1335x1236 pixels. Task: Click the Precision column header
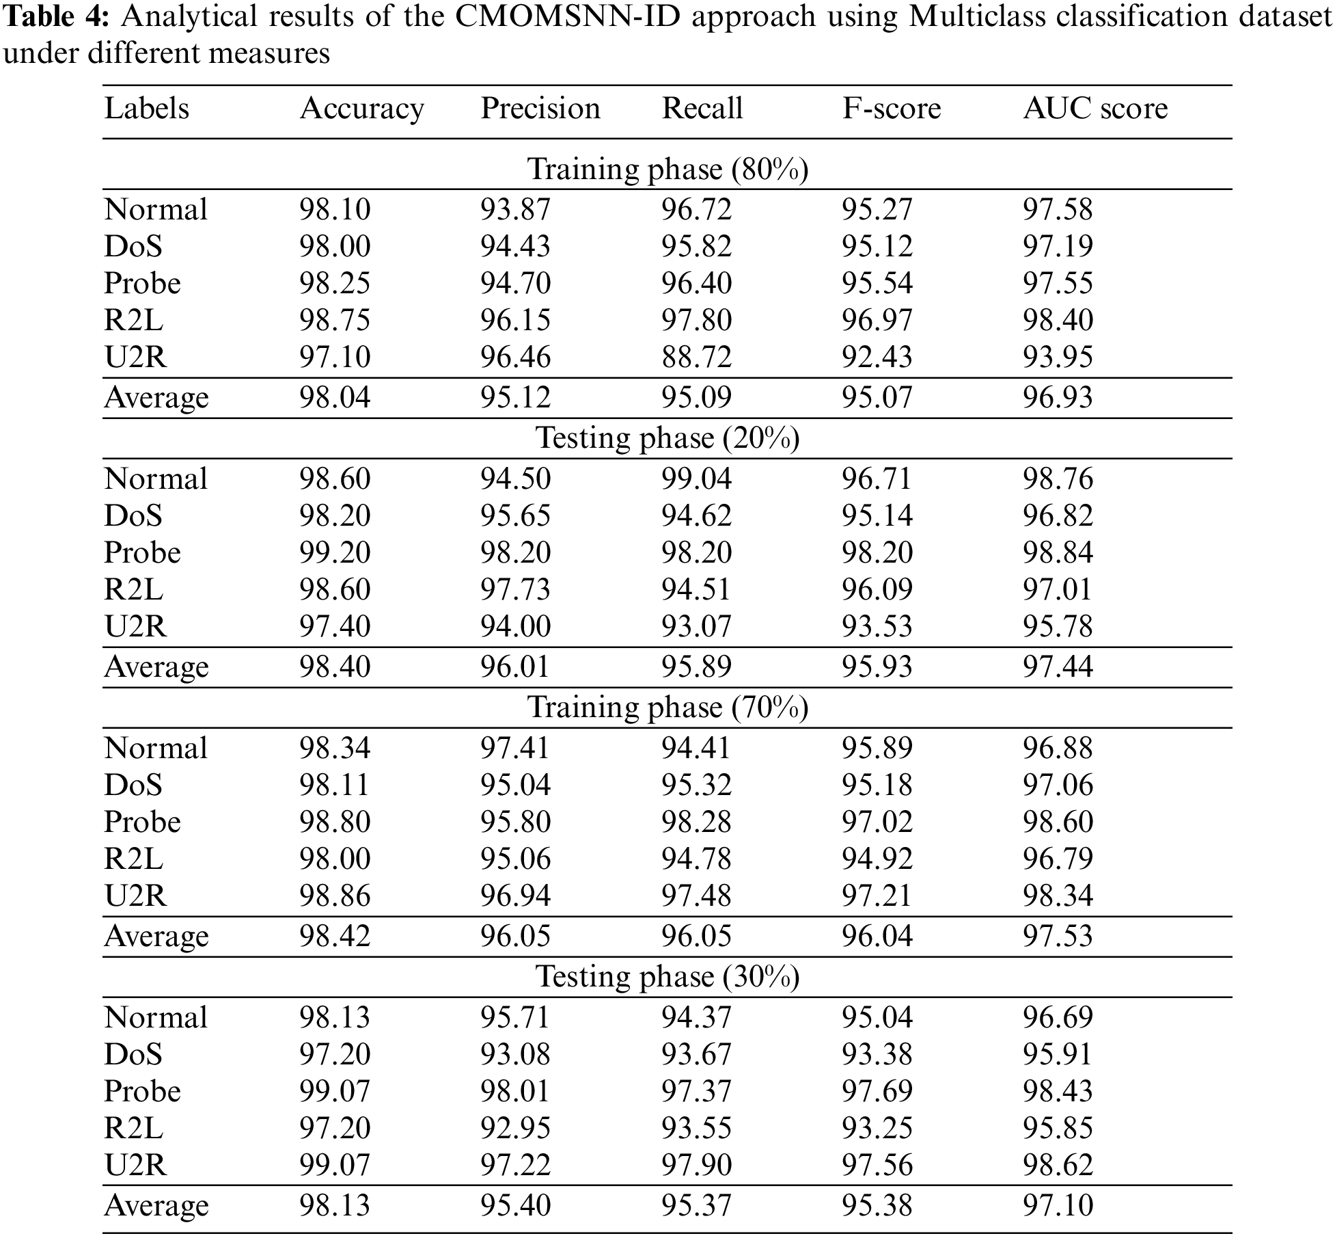(540, 109)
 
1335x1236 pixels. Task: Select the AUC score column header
(1095, 109)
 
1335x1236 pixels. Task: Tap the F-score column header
(891, 109)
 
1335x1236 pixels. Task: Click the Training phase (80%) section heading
(667, 169)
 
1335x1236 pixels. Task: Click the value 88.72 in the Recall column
(696, 357)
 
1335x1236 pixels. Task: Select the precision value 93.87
(515, 209)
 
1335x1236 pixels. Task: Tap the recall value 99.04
(696, 479)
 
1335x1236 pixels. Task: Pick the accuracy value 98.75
(335, 320)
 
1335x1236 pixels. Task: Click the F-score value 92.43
(877, 357)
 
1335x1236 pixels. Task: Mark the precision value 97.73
(515, 589)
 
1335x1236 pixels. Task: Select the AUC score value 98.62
(1058, 1165)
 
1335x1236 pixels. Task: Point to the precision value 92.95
(515, 1128)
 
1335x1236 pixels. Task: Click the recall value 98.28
(696, 822)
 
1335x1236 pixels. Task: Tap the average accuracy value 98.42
(335, 936)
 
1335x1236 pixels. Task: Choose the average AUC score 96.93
(1058, 397)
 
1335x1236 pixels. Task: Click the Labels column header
(146, 109)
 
